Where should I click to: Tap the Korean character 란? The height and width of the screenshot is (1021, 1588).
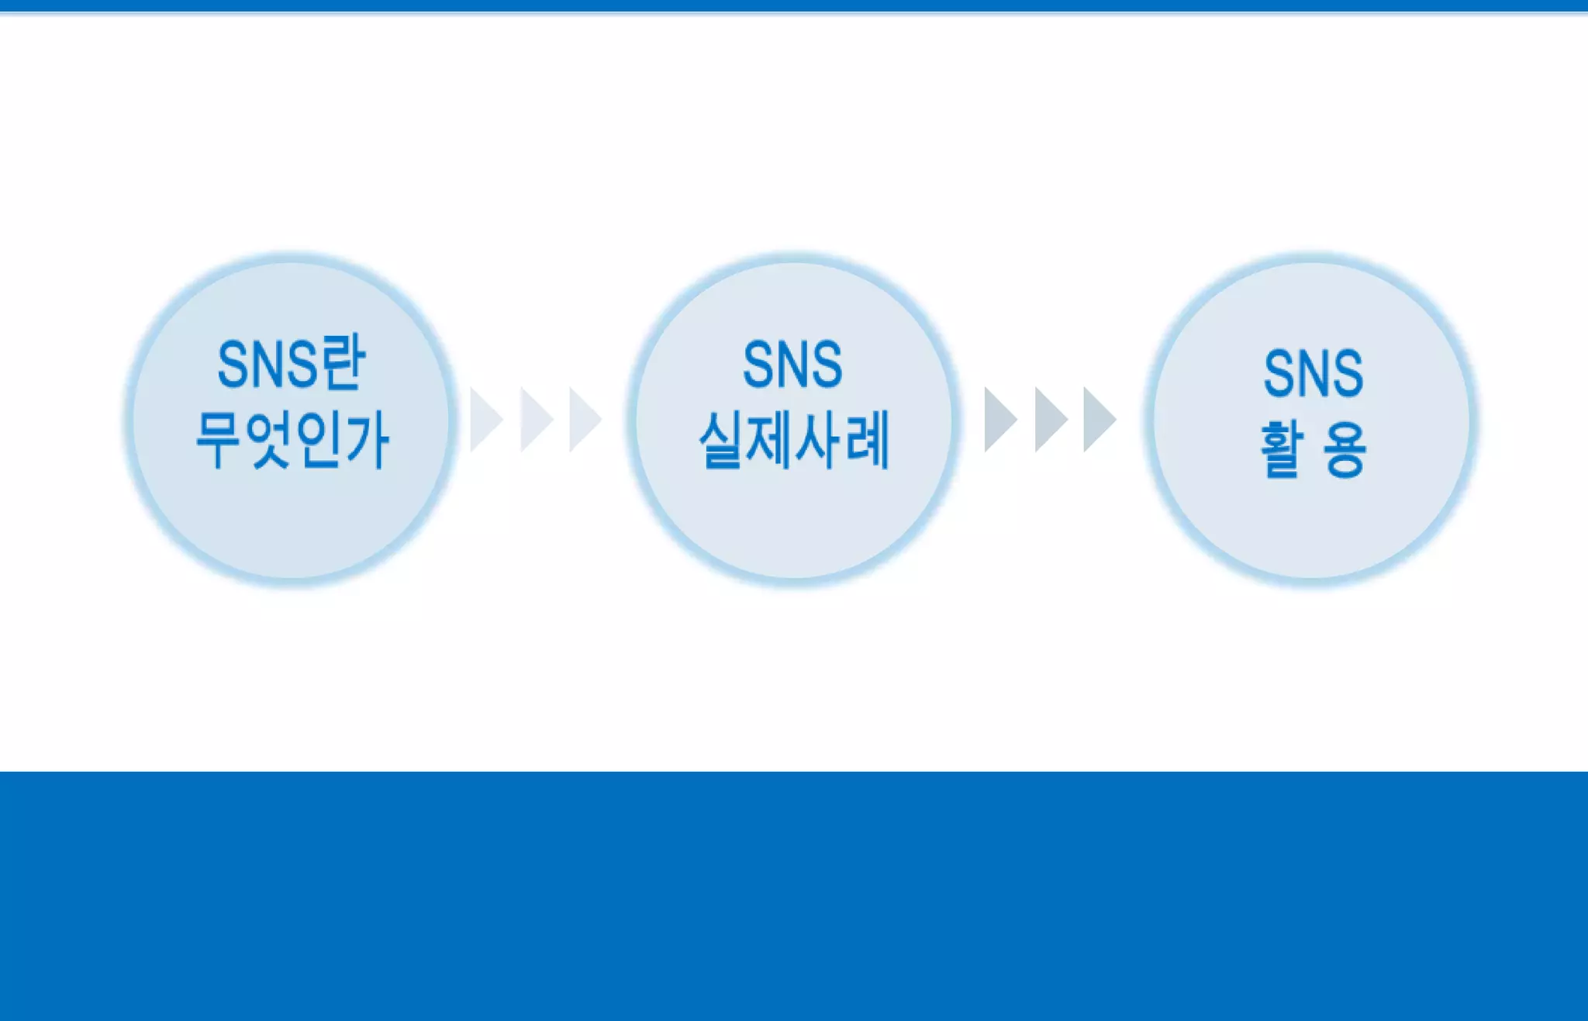click(341, 364)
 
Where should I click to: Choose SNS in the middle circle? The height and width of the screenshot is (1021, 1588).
click(792, 365)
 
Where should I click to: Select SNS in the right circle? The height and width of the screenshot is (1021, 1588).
click(1313, 374)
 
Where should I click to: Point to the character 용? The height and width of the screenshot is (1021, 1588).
click(1345, 450)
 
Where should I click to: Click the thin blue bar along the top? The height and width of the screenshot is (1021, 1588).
click(794, 5)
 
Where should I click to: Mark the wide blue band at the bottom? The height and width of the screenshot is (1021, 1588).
click(794, 896)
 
